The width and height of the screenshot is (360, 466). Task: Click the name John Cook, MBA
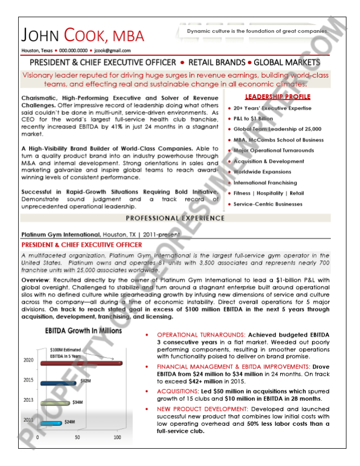(x=82, y=35)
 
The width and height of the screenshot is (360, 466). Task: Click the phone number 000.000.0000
(x=73, y=51)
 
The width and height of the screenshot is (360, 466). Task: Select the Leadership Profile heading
(x=278, y=97)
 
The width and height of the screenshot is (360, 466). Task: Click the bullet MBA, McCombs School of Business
(x=278, y=140)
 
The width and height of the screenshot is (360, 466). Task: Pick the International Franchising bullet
(x=265, y=183)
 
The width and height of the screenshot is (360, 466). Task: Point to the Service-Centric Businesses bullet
(x=268, y=204)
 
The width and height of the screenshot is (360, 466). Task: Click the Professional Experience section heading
(x=175, y=218)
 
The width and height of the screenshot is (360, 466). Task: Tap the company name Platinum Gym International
(x=61, y=235)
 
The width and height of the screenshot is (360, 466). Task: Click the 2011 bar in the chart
(x=51, y=423)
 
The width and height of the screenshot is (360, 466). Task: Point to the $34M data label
(x=78, y=402)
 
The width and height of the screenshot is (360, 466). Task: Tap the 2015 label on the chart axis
(x=28, y=380)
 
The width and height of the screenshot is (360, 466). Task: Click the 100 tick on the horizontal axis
(x=117, y=437)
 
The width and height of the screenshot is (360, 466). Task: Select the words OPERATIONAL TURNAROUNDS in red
(x=201, y=334)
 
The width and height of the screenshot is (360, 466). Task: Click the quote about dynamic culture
(x=258, y=31)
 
